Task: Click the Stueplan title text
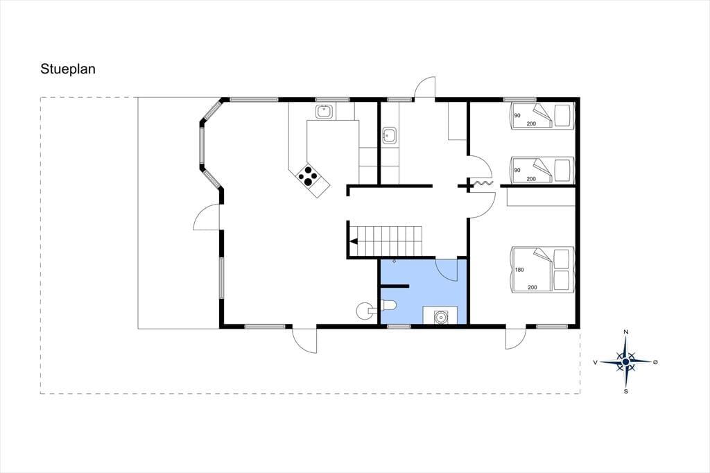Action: point(68,70)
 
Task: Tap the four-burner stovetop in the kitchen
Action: point(308,176)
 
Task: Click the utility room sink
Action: point(390,135)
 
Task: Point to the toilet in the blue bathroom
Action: point(389,306)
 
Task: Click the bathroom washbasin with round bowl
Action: point(440,316)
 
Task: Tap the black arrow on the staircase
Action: point(354,241)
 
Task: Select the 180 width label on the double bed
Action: point(519,270)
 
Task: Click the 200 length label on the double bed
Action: point(532,287)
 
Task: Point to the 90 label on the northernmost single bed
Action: point(517,116)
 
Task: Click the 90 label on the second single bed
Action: point(517,171)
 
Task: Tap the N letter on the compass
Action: point(626,332)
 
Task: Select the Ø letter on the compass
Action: point(655,362)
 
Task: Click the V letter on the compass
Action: point(596,362)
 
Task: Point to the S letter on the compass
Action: point(626,391)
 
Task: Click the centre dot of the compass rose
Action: point(626,361)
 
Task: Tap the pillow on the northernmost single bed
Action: point(563,116)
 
